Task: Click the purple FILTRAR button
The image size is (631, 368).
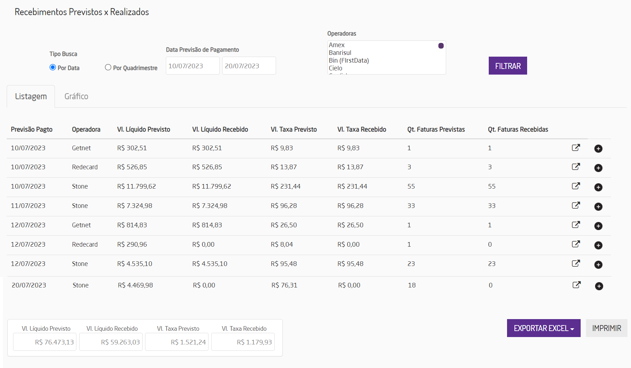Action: tap(507, 66)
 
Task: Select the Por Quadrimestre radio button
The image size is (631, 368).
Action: tap(108, 67)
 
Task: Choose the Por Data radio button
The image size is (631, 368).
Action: tap(53, 67)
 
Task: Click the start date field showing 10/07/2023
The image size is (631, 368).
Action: tap(192, 66)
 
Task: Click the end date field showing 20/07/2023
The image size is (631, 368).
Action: tap(249, 66)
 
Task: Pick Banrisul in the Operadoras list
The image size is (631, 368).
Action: tap(340, 53)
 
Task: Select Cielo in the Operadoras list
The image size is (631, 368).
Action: tap(336, 68)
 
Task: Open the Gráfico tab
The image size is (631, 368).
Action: tap(76, 96)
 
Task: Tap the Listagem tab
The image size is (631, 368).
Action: tap(31, 96)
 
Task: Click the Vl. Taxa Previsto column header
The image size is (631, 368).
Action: tap(294, 129)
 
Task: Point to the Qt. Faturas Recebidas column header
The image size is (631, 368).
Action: tap(518, 129)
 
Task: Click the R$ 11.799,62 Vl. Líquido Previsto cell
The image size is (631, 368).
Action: tap(137, 186)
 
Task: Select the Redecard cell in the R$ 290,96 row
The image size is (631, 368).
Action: tap(85, 245)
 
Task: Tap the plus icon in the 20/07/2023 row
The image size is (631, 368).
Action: tap(599, 286)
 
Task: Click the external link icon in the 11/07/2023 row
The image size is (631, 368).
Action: tap(576, 205)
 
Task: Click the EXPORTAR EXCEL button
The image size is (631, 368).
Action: tap(543, 328)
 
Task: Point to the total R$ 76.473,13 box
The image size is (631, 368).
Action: tap(45, 342)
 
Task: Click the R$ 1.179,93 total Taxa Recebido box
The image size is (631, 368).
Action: tap(243, 342)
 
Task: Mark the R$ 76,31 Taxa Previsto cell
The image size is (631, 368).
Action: tap(284, 285)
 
